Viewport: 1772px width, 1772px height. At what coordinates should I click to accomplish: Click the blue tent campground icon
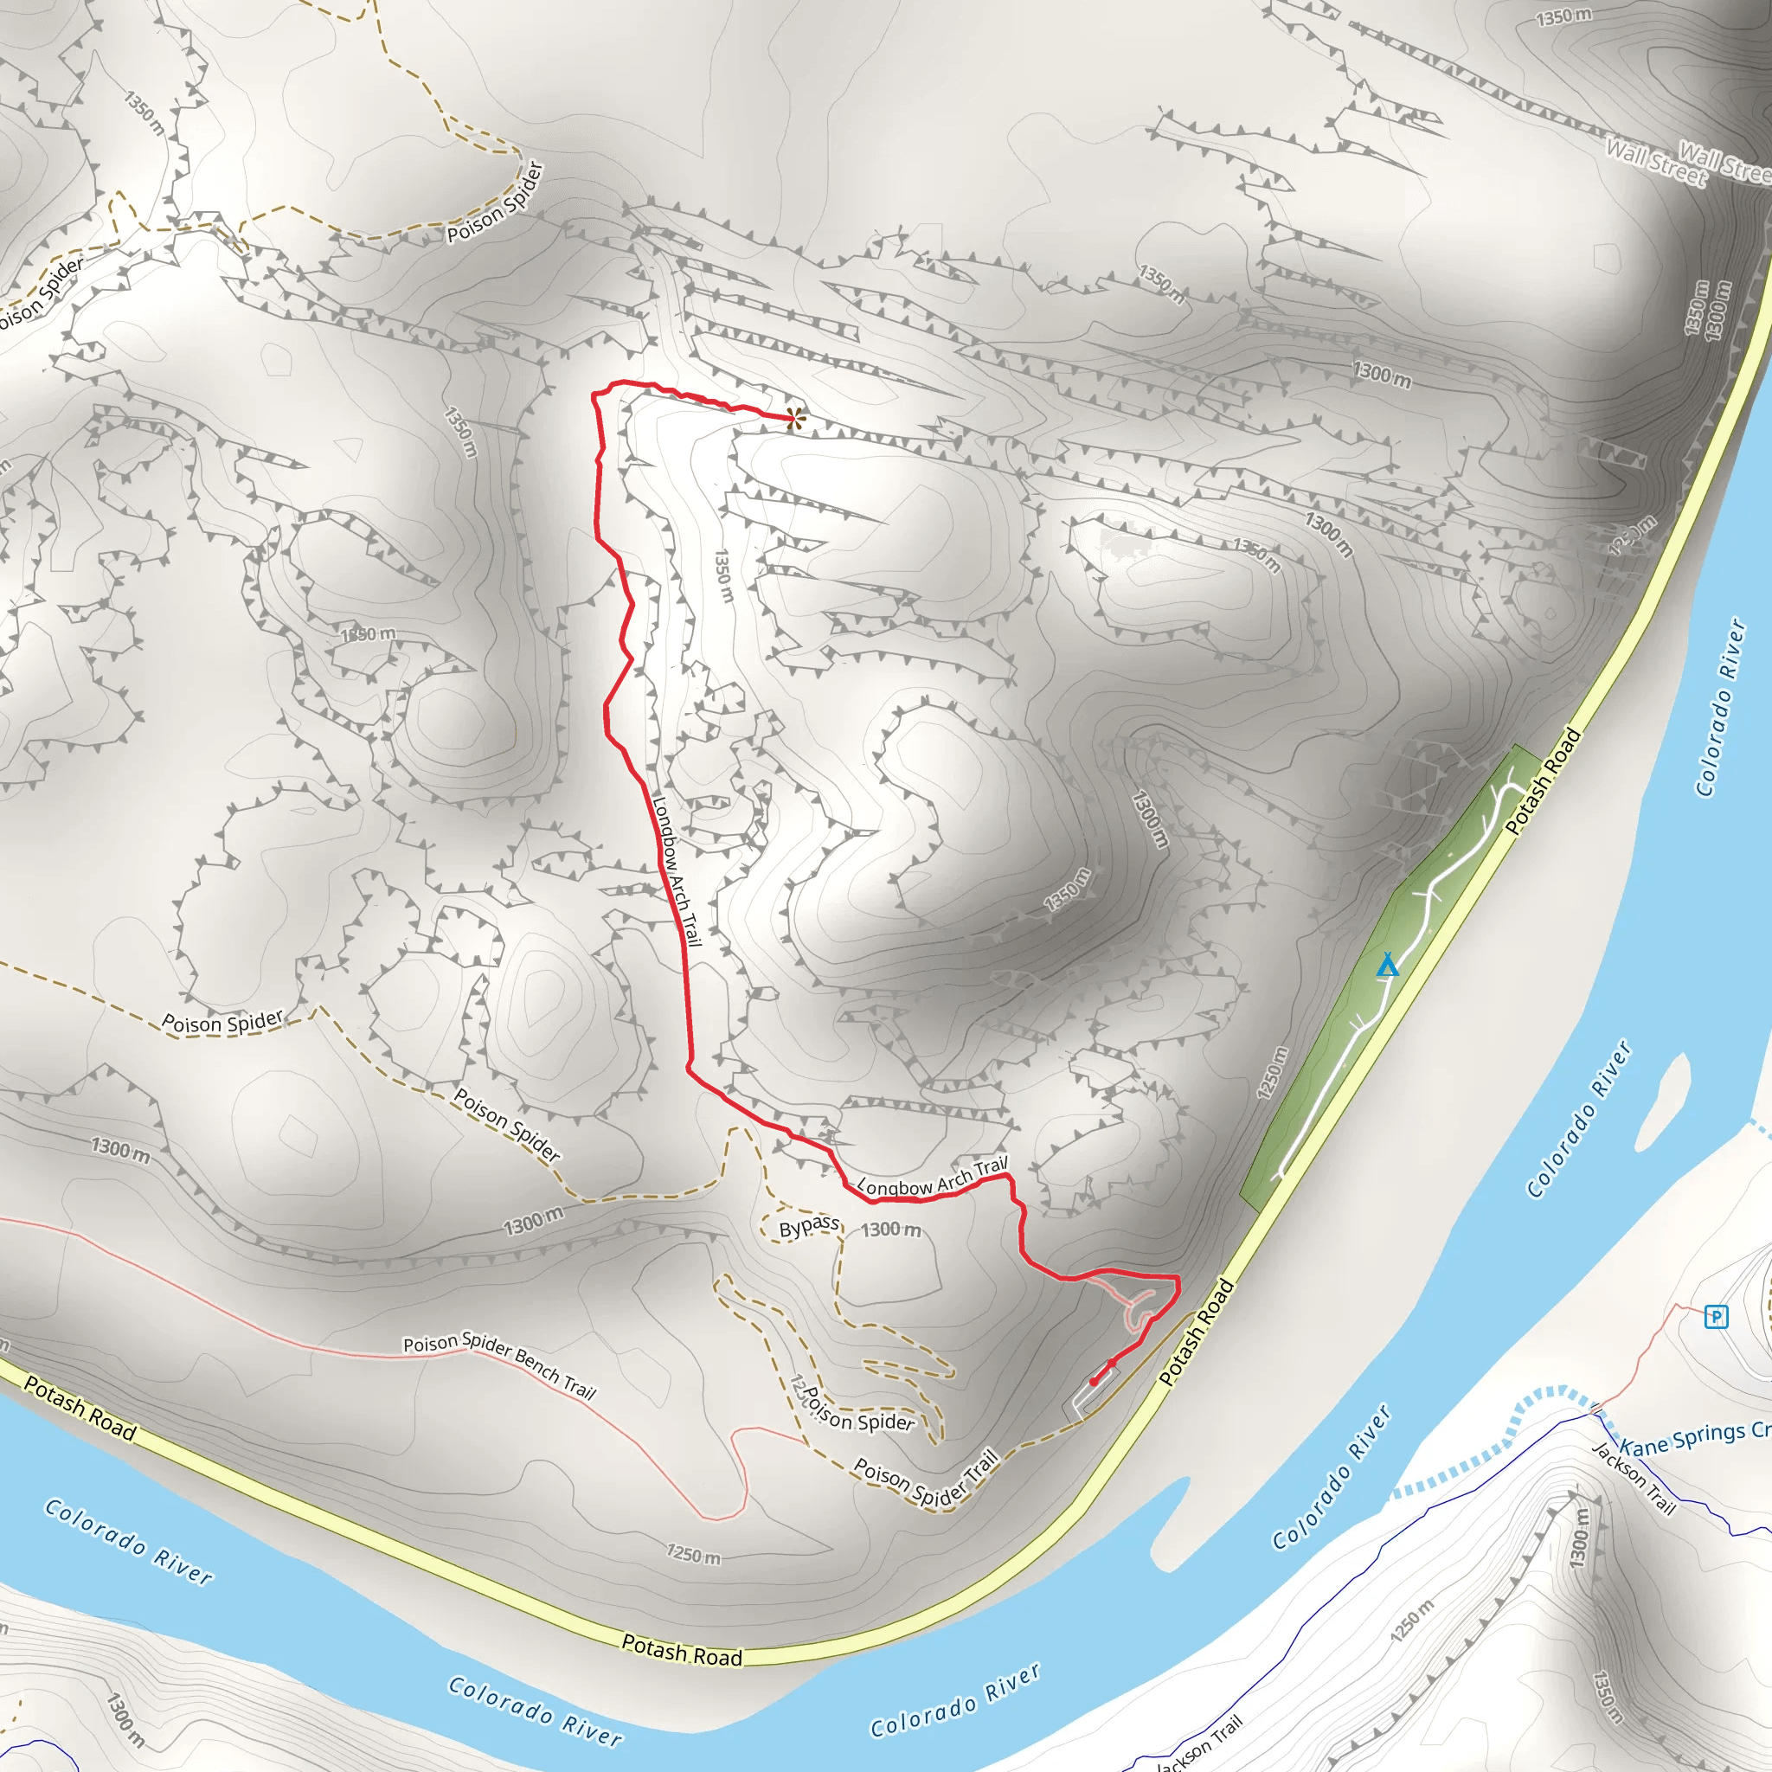[1388, 965]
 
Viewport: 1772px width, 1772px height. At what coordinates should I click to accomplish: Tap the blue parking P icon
[1715, 1317]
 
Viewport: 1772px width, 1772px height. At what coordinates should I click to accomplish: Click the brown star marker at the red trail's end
[794, 419]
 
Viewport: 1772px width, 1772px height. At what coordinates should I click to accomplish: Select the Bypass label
[809, 1227]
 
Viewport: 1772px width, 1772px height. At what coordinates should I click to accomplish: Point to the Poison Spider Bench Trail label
[500, 1365]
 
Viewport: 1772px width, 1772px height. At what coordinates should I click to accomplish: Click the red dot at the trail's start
[1094, 1381]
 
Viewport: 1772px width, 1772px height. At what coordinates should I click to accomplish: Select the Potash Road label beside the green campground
[1544, 781]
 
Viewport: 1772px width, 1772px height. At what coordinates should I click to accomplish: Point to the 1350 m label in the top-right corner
[1563, 16]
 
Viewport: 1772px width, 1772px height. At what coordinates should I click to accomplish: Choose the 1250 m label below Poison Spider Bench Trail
[692, 1554]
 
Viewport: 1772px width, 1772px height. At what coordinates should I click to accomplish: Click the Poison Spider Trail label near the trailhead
[925, 1478]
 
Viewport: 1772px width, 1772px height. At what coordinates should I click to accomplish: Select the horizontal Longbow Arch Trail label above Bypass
[932, 1178]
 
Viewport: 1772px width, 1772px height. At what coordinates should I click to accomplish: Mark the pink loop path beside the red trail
[1140, 1313]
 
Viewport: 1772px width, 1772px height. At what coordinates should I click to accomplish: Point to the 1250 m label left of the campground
[1273, 1072]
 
